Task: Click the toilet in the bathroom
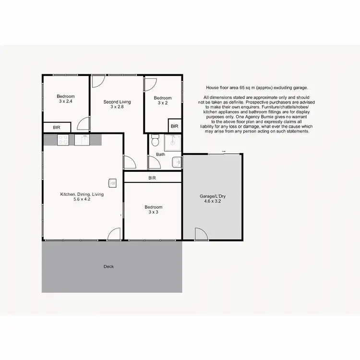pos(155,141)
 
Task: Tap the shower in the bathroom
pos(172,142)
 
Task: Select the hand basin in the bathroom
pos(177,162)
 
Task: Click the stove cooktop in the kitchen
pos(63,140)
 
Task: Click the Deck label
pos(108,266)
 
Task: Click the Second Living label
pos(117,102)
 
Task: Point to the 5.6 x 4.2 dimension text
pos(82,199)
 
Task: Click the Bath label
pos(160,155)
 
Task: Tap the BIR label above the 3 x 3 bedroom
pos(152,178)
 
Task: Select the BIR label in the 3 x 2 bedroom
pos(174,126)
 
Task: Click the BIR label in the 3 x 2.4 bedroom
pos(57,128)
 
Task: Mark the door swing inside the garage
pos(201,233)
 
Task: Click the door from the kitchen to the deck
pos(113,234)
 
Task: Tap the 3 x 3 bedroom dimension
pos(152,213)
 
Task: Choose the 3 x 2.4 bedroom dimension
pos(66,101)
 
